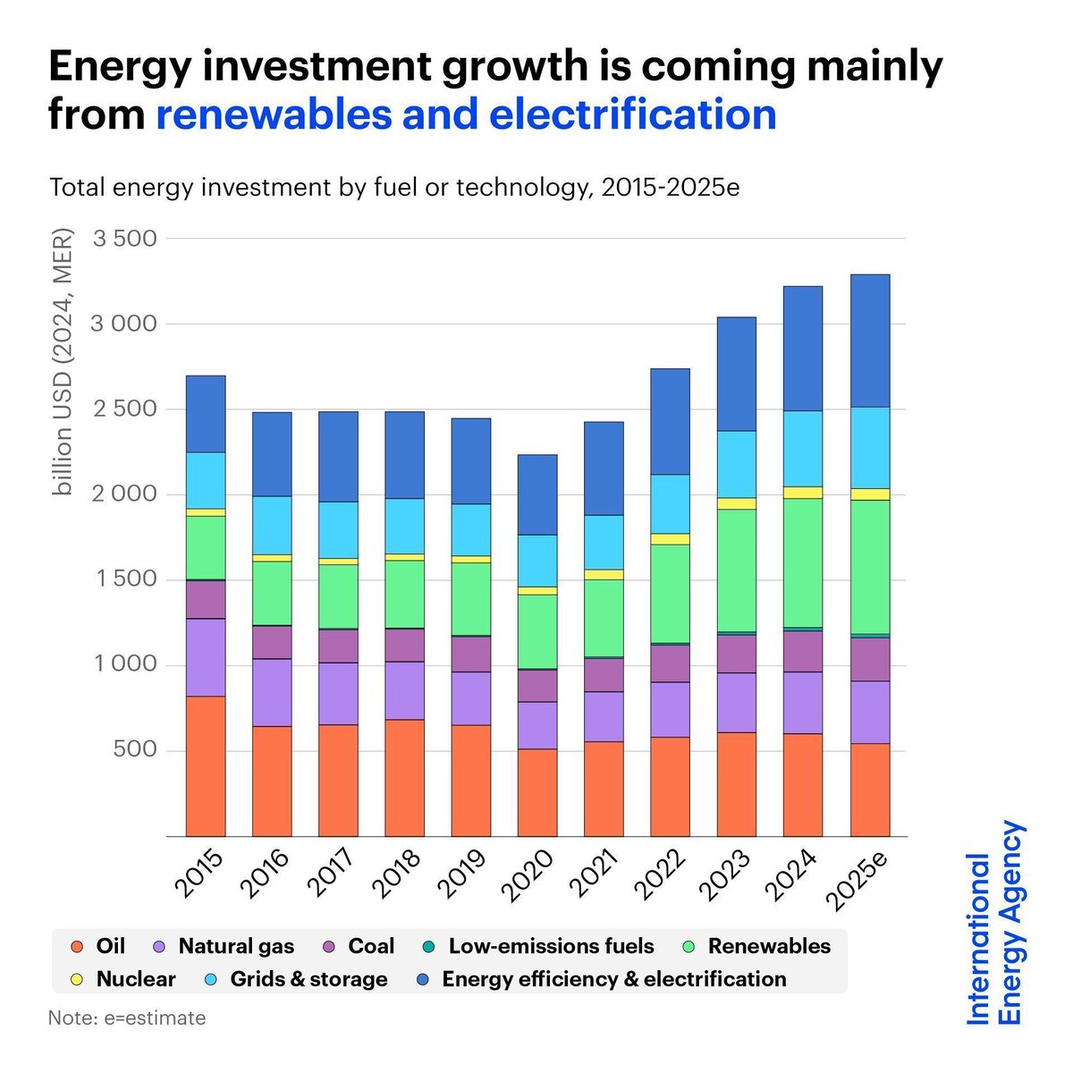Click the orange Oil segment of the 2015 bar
click(205, 765)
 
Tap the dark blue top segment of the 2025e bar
click(869, 341)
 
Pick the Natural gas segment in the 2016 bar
click(271, 692)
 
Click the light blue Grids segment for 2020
click(537, 561)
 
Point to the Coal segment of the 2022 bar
click(670, 663)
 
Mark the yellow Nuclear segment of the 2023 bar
click(736, 503)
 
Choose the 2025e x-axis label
click(859, 882)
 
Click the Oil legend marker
click(77, 947)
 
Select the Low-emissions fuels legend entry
click(550, 947)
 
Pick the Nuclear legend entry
click(135, 979)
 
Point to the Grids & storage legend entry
click(308, 979)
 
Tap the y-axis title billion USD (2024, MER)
click(63, 362)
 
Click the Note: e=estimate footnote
click(127, 1018)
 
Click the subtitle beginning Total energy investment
click(394, 189)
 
